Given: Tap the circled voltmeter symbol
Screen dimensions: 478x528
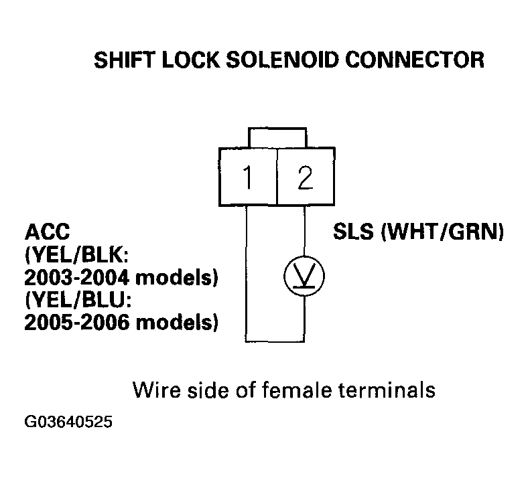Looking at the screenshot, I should pyautogui.click(x=305, y=274).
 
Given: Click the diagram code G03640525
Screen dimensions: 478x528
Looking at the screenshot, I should pyautogui.click(x=67, y=422).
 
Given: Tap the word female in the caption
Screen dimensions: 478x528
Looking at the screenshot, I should pyautogui.click(x=294, y=389).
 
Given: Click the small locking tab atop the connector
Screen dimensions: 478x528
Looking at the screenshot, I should pyautogui.click(x=276, y=137).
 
